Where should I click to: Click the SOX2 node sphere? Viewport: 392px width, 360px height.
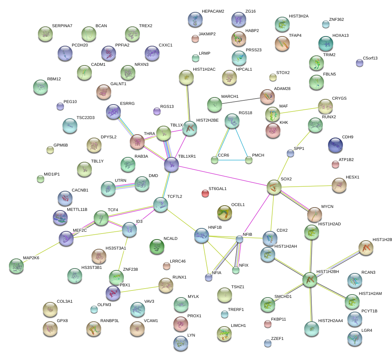coord(274,187)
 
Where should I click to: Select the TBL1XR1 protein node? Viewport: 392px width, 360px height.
coord(171,164)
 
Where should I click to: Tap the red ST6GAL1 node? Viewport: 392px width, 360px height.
coord(205,193)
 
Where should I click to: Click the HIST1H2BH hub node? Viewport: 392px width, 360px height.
coord(309,280)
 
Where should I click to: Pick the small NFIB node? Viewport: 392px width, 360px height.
coord(240,239)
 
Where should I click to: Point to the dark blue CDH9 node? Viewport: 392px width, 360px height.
coord(335,145)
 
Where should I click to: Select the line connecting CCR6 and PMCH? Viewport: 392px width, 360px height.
coord(231,160)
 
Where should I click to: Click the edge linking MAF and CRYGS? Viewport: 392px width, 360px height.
coord(300,110)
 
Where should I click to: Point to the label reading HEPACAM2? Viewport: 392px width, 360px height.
coord(213,12)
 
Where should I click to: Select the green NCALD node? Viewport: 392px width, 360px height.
coord(157,246)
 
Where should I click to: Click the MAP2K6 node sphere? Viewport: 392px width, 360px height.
coord(16,266)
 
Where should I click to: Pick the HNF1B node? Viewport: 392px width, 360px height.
coord(201,235)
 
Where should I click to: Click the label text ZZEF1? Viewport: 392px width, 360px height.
coord(277,338)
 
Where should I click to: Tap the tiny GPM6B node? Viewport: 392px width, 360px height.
coord(50,150)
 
